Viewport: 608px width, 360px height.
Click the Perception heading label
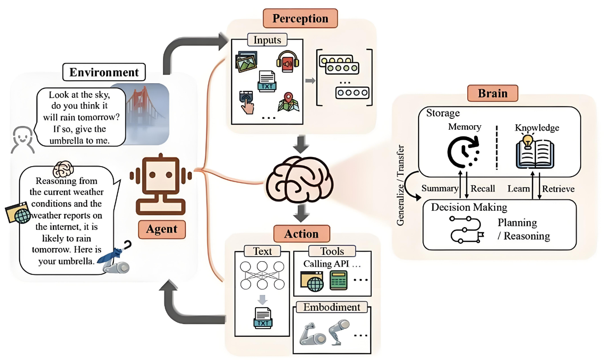[x=300, y=19]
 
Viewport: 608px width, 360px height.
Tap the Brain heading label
[x=493, y=93]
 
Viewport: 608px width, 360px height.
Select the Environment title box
[x=104, y=72]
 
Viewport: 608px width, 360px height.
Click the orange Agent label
[x=162, y=229]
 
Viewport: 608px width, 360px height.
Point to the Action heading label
[x=301, y=234]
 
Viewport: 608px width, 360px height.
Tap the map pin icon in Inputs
[x=288, y=102]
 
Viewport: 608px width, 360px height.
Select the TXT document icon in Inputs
[x=267, y=81]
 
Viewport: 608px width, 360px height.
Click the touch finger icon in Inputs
[x=246, y=102]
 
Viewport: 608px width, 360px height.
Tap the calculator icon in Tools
[x=338, y=280]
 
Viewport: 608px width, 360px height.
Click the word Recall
[x=483, y=188]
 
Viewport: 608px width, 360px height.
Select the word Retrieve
[x=558, y=189]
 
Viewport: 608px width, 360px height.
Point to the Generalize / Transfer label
[x=400, y=185]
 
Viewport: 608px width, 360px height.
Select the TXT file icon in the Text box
[x=263, y=318]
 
